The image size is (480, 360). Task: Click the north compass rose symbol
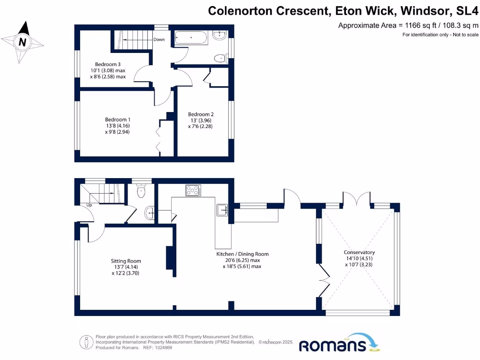click(22, 42)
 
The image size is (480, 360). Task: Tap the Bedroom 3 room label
click(108, 64)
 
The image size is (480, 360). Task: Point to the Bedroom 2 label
click(201, 114)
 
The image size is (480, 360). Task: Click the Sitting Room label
click(126, 261)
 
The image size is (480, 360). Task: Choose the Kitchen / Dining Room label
click(242, 254)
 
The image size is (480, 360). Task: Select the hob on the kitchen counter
click(193, 190)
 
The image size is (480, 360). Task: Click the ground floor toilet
click(141, 192)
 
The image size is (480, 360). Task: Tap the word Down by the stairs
click(159, 40)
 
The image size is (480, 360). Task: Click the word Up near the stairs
click(89, 205)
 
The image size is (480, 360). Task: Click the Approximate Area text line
click(408, 26)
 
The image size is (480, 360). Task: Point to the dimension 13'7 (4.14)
click(126, 267)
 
